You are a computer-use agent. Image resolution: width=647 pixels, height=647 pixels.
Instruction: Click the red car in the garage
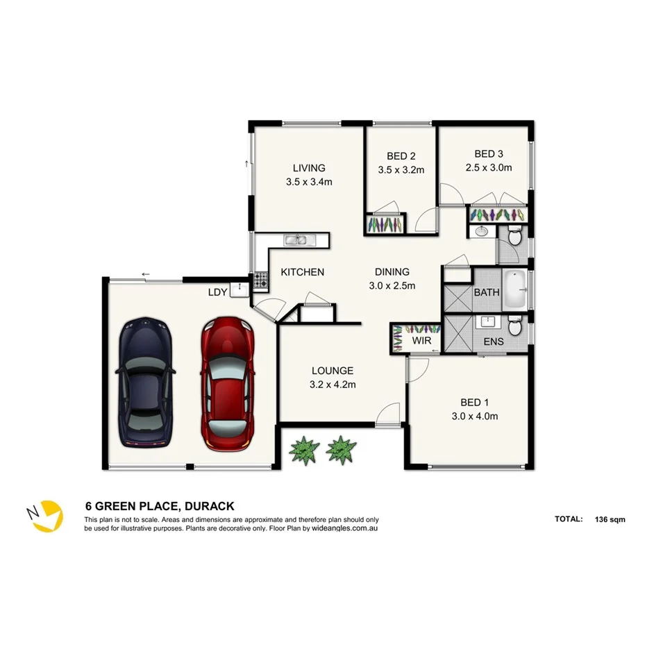tap(227, 382)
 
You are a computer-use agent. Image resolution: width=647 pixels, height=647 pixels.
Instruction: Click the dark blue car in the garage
tap(146, 382)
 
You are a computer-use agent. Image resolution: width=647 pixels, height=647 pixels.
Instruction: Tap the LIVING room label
tap(309, 168)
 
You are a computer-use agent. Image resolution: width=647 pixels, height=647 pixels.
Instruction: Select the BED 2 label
tap(401, 156)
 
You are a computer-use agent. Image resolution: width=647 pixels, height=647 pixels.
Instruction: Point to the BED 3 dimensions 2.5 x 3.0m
tap(488, 167)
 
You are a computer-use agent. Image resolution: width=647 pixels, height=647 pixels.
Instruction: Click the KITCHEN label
tap(302, 272)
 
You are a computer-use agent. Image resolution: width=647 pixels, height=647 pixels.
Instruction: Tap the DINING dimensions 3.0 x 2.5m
tap(392, 285)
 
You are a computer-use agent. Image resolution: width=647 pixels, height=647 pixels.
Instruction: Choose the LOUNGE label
tap(332, 371)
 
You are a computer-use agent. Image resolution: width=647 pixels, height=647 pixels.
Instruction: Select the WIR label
tap(422, 342)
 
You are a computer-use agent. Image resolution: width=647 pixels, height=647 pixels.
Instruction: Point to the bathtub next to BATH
tap(514, 289)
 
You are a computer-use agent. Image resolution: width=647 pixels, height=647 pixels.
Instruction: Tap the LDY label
tap(217, 292)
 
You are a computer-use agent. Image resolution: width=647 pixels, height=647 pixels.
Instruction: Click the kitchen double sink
tap(300, 240)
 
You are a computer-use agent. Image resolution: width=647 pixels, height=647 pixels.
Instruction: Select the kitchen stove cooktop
tap(262, 280)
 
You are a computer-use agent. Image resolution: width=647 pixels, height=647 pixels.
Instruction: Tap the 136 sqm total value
tap(610, 519)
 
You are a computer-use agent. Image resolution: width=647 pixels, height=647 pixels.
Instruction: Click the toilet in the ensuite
tap(514, 326)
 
